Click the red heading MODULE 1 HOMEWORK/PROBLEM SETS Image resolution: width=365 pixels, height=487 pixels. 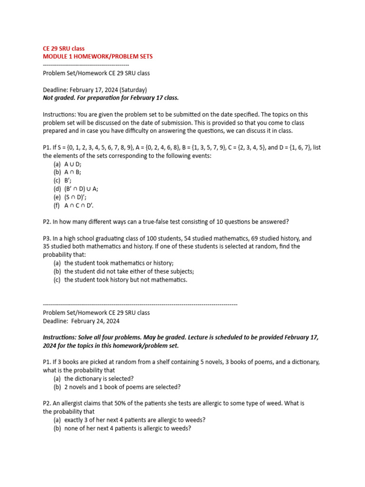click(97, 57)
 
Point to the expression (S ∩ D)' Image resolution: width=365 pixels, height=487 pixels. click(76, 197)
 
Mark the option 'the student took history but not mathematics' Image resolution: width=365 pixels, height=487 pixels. click(126, 280)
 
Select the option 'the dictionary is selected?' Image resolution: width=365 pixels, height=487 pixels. click(99, 379)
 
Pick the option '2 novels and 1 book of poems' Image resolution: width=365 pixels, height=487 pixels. click(122, 387)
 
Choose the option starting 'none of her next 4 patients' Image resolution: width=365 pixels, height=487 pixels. click(127, 428)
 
